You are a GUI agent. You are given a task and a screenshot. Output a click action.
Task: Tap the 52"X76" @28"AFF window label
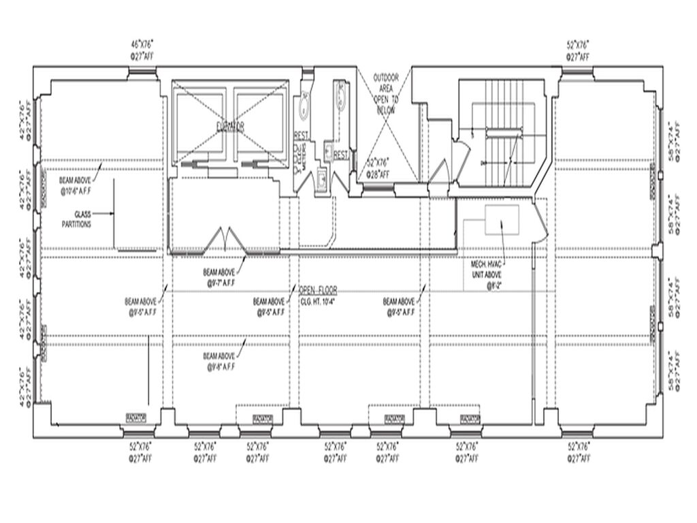pyautogui.click(x=378, y=167)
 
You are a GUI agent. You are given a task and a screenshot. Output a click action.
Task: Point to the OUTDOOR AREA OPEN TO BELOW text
pyautogui.click(x=385, y=94)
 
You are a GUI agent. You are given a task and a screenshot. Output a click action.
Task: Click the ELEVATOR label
pyautogui.click(x=231, y=126)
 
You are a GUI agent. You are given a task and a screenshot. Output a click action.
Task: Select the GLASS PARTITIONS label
pyautogui.click(x=76, y=219)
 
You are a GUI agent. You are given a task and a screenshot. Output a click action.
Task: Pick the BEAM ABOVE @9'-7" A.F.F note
pyautogui.click(x=219, y=275)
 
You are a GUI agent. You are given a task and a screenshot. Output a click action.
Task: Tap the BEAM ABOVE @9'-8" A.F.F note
pyautogui.click(x=219, y=361)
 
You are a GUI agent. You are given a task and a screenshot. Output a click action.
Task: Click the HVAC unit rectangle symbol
pyautogui.click(x=502, y=219)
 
